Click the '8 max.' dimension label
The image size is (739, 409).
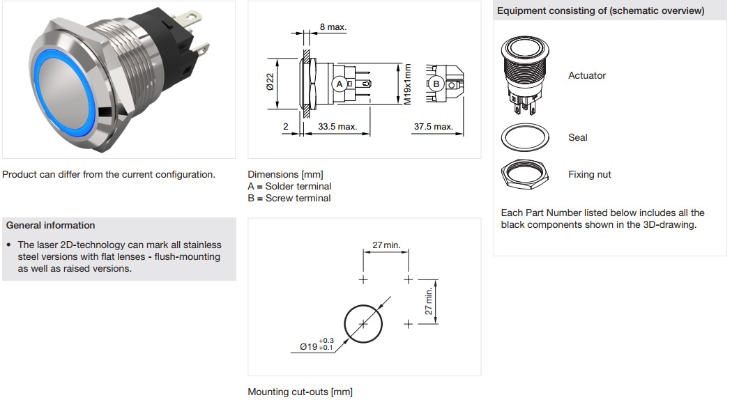333,27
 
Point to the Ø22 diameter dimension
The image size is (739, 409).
270,83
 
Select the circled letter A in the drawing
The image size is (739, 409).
340,84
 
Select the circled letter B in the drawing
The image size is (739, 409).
436,84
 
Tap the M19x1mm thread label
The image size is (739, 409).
408,84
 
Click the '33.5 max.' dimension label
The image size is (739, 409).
337,127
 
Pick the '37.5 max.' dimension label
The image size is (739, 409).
434,127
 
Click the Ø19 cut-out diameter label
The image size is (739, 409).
317,344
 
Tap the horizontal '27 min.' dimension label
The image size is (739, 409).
386,245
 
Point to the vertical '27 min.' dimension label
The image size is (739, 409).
429,302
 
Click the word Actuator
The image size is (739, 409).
586,75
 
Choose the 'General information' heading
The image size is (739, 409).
50,225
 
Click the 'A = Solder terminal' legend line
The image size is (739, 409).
289,186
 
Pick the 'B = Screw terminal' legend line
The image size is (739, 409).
289,198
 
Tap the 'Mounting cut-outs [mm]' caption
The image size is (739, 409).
300,392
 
